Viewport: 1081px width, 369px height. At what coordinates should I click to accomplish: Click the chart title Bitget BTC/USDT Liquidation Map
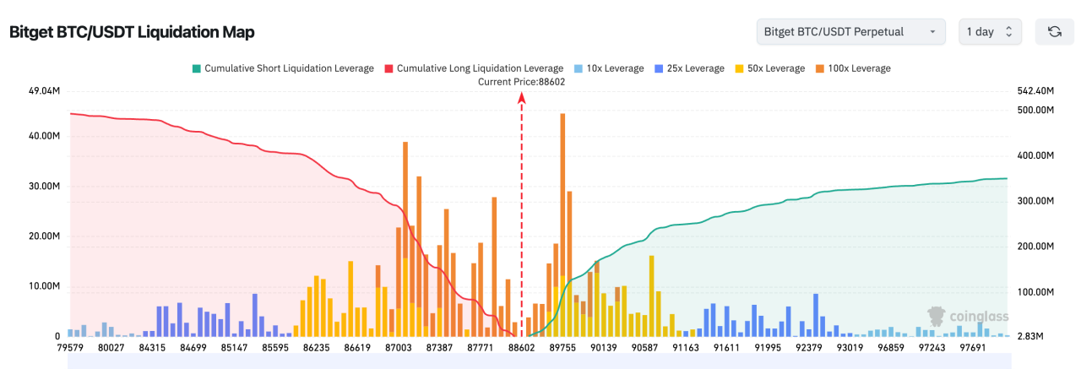[132, 32]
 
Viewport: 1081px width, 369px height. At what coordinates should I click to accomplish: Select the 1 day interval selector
[991, 31]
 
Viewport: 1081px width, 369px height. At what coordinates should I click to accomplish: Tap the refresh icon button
[1055, 31]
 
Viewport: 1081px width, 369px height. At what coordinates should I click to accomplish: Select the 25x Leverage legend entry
[689, 68]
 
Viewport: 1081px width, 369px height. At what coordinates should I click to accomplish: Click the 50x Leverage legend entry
[770, 68]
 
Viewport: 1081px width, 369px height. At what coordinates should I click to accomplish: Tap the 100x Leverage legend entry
[853, 68]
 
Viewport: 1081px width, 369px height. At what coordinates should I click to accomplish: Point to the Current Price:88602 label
[521, 81]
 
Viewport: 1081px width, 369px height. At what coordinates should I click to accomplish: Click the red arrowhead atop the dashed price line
[522, 98]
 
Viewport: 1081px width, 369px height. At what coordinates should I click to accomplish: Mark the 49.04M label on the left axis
[44, 90]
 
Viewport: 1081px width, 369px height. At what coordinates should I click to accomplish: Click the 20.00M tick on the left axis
[44, 236]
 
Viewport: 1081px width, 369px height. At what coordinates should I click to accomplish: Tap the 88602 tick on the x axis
[522, 347]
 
